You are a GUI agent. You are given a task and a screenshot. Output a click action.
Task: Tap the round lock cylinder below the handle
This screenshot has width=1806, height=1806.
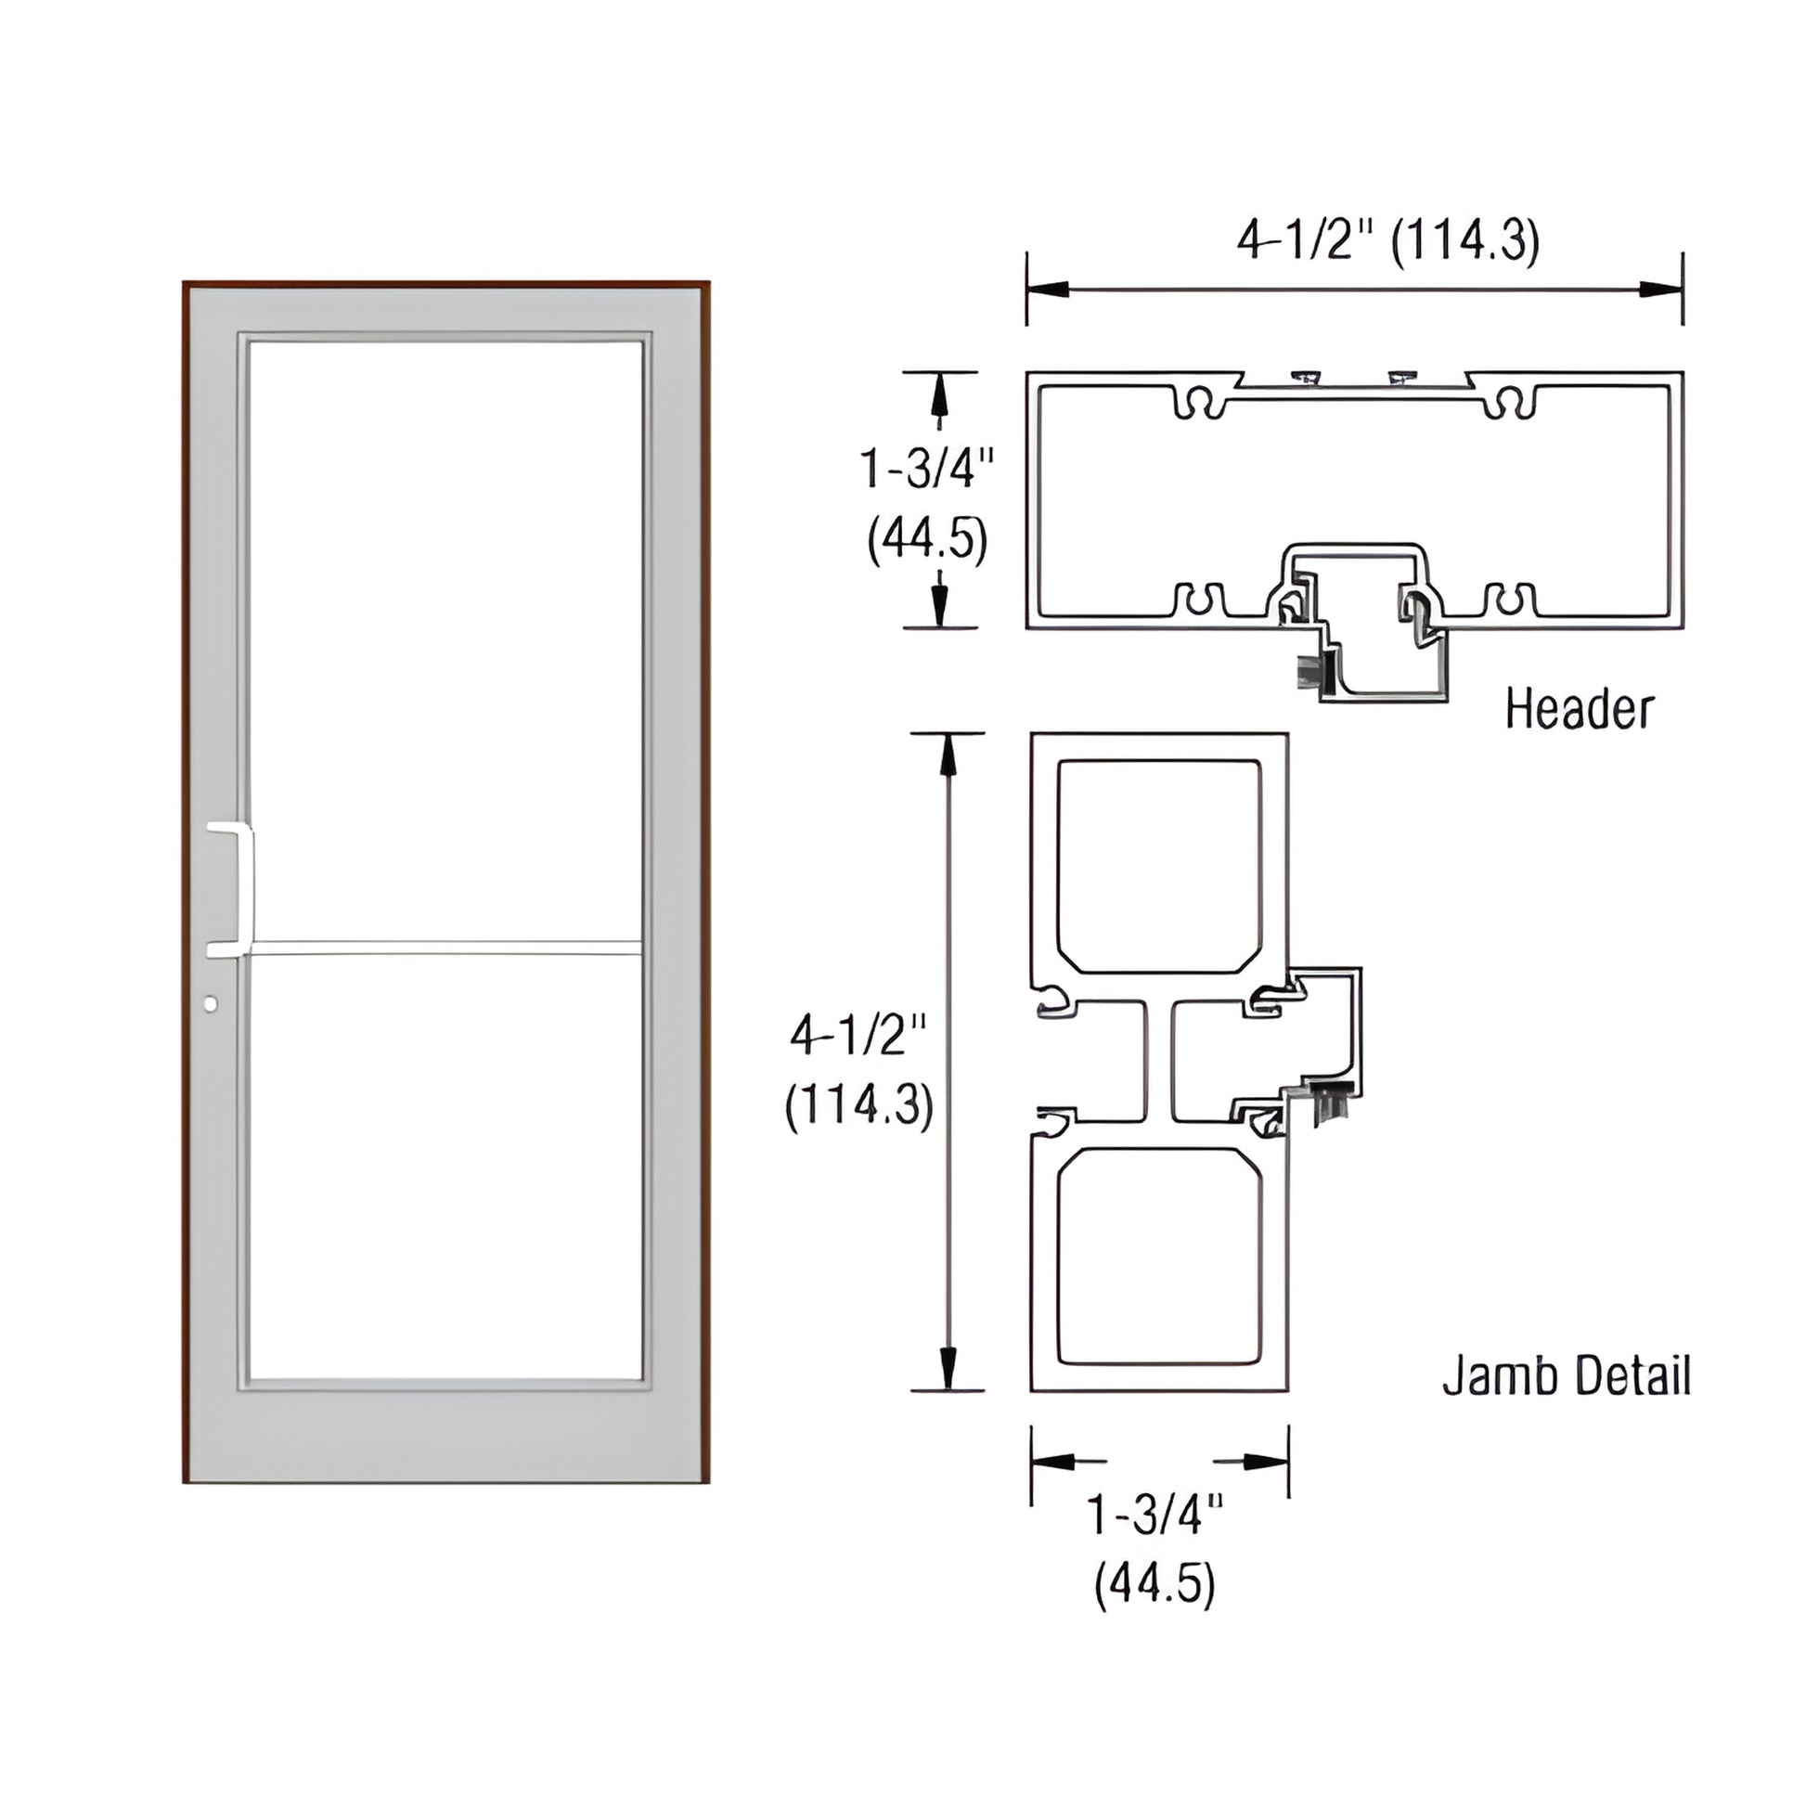coord(210,1004)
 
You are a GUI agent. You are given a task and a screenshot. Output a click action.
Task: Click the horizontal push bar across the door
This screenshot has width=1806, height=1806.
coord(445,953)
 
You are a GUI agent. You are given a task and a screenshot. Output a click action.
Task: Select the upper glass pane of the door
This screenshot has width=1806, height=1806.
coord(445,645)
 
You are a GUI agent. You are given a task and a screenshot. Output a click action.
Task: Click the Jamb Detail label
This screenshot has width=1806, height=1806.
coord(1566,1377)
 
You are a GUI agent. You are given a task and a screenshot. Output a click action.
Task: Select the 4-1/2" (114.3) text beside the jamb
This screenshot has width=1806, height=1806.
coord(859,1072)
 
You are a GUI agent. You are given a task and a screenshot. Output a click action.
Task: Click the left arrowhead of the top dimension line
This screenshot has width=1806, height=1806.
coord(1047,290)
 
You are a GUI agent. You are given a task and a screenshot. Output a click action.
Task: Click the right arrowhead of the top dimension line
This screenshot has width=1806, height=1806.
coord(1663,290)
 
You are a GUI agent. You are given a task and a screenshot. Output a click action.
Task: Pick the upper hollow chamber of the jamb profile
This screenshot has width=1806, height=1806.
coord(1159,866)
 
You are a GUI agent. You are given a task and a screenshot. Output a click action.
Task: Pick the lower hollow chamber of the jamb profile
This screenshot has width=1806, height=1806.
coord(1159,1256)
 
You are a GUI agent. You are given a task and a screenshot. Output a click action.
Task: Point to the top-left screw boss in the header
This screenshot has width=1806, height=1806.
coord(1199,402)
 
